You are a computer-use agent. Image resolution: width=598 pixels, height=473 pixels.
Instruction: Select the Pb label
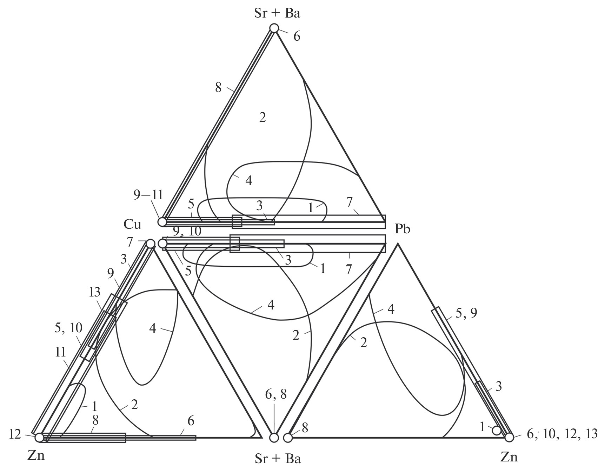[x=403, y=228]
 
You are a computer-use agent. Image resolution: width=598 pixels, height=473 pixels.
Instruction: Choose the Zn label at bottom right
[x=509, y=457]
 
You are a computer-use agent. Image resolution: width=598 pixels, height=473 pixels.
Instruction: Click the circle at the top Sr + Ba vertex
[x=274, y=28]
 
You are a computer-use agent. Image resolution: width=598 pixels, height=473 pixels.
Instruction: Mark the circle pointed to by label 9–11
[x=162, y=222]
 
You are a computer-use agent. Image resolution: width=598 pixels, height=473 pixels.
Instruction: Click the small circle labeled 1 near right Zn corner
[x=496, y=430]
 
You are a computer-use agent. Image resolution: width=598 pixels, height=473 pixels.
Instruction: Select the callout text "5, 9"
[x=466, y=313]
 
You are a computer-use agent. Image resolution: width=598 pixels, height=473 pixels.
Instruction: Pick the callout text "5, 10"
[x=68, y=328]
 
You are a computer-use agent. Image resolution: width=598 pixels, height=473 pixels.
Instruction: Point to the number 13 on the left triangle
[x=94, y=292]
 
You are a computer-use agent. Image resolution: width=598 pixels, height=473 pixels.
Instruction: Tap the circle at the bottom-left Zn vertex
[x=39, y=437]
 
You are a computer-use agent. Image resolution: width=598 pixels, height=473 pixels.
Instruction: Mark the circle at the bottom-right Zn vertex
[x=509, y=437]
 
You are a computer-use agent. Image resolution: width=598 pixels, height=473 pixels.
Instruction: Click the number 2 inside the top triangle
[x=263, y=118]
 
